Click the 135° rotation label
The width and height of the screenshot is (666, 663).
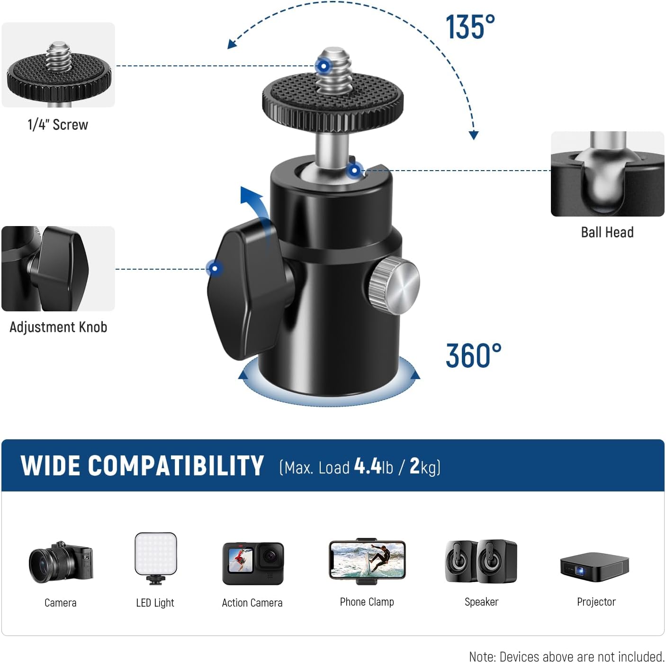tap(470, 27)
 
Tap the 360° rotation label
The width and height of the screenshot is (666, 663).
tap(473, 356)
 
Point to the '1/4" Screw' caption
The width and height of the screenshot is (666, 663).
tap(58, 125)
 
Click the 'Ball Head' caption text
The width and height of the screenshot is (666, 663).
tap(607, 232)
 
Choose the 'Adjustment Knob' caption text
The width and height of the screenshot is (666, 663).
tap(58, 327)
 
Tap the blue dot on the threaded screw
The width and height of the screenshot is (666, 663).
tap(323, 66)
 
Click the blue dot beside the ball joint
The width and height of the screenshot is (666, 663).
tap(354, 170)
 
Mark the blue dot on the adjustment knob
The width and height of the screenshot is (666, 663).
tap(215, 269)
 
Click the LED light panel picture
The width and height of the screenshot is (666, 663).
tap(156, 556)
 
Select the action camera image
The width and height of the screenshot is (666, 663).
tap(253, 563)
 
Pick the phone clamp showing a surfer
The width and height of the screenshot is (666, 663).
tap(367, 560)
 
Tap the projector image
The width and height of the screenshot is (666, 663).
tap(594, 566)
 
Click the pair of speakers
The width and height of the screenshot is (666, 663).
tap(481, 562)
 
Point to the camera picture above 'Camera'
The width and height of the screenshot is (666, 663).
tap(61, 563)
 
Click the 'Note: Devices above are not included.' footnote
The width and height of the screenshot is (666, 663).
tap(566, 656)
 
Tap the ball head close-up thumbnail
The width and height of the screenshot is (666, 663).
tap(607, 174)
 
